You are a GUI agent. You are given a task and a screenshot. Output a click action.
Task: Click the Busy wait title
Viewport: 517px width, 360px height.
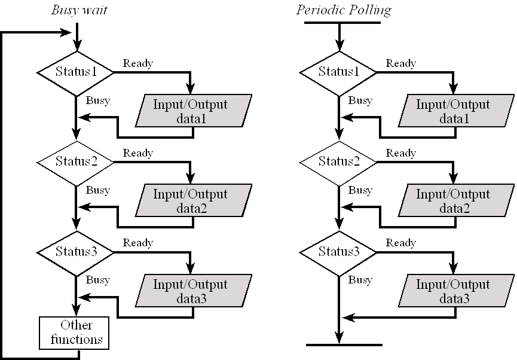(x=79, y=10)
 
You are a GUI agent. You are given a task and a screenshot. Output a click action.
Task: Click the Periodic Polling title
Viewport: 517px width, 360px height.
(x=344, y=10)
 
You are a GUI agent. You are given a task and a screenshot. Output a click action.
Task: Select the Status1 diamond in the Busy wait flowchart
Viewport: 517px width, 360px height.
(x=75, y=72)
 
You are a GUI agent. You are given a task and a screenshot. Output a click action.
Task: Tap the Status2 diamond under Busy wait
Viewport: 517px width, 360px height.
(x=75, y=162)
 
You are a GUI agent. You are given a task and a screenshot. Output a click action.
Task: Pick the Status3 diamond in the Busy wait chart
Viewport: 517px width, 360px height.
(x=75, y=252)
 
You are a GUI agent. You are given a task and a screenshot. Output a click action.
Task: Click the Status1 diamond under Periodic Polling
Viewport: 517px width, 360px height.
(x=338, y=72)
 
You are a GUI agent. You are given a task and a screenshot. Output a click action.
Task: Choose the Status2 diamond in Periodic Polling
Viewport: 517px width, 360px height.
(x=338, y=162)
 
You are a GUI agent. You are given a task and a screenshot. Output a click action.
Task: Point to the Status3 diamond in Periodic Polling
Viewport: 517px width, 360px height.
(x=338, y=252)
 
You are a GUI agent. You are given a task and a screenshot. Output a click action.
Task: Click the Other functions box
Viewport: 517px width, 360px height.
(x=74, y=332)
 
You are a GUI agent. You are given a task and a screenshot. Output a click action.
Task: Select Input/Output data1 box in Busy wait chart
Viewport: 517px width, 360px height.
(x=194, y=111)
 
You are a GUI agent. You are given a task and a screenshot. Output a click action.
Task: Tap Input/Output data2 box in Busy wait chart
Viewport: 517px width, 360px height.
(x=194, y=200)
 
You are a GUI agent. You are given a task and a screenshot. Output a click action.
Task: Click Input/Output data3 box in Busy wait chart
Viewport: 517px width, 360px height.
(x=194, y=291)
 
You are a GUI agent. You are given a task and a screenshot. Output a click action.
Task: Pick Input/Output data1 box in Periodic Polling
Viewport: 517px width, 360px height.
(x=456, y=111)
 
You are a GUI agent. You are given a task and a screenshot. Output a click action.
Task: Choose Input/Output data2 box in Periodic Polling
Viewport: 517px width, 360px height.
(x=456, y=200)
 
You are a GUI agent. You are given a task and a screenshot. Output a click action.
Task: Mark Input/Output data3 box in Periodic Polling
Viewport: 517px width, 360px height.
(x=456, y=291)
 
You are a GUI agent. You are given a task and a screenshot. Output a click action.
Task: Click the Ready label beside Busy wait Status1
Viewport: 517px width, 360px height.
(x=138, y=63)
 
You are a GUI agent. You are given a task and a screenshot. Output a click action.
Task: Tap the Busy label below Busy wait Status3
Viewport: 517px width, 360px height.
(x=97, y=280)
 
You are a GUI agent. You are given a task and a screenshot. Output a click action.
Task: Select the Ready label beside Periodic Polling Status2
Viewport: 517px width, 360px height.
(x=400, y=153)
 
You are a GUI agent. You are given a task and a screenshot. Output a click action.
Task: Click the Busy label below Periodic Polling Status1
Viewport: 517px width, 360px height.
(x=360, y=100)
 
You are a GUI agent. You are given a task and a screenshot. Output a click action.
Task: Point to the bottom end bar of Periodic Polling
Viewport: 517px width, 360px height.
(x=344, y=345)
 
